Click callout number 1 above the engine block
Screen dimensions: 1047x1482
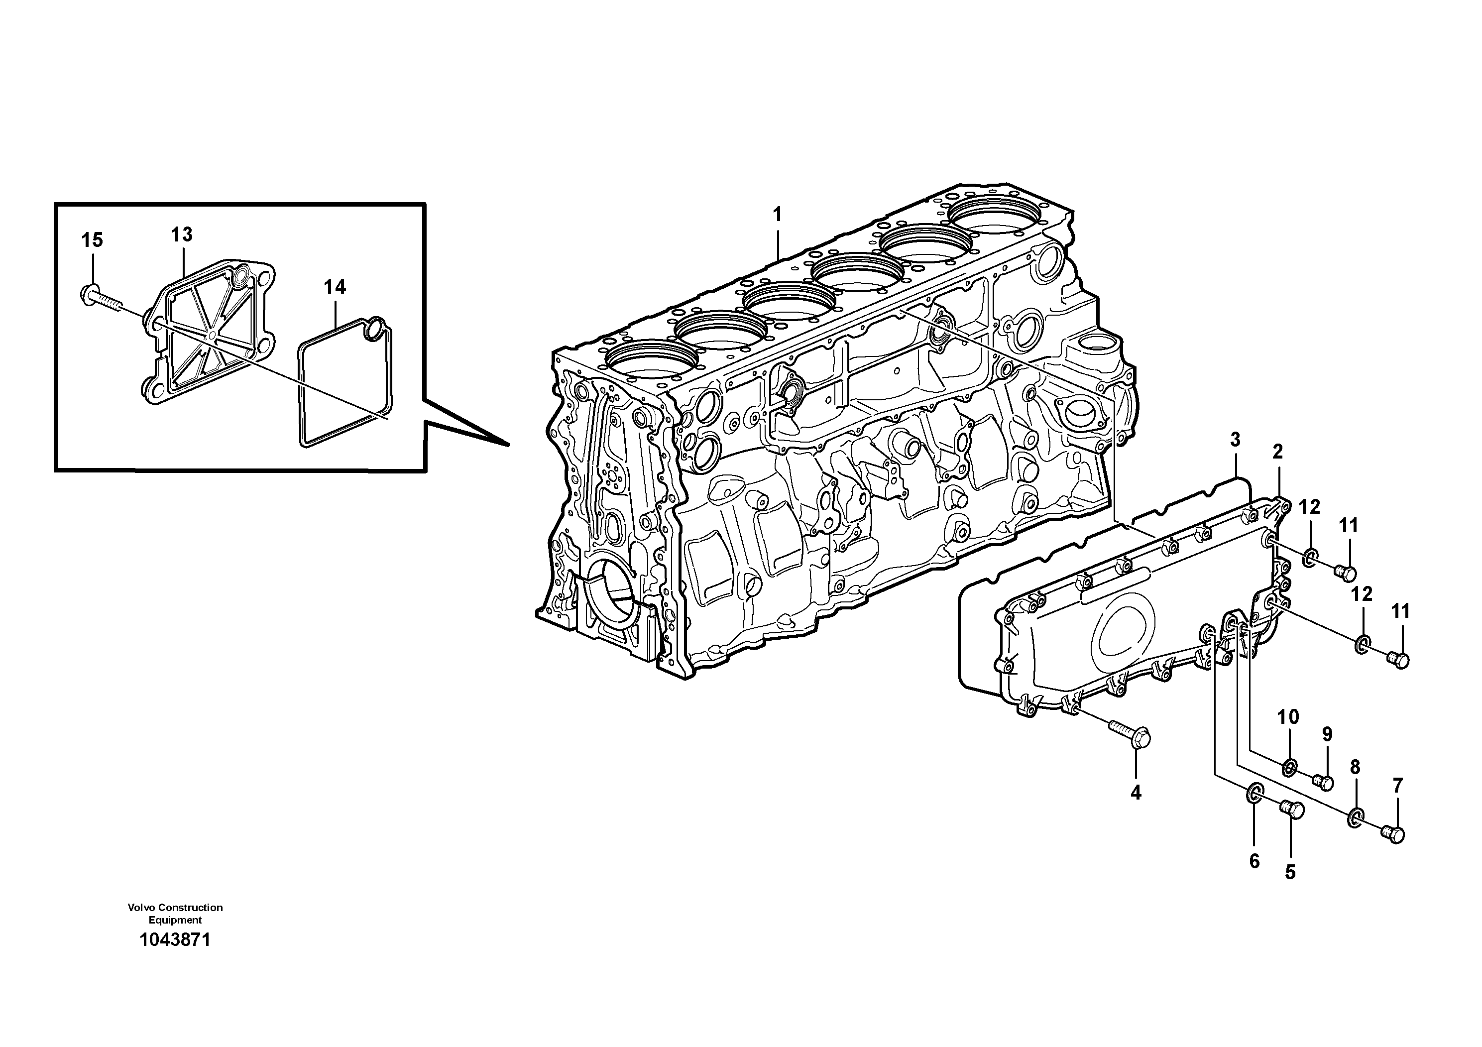(777, 214)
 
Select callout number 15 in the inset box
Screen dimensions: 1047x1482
(92, 240)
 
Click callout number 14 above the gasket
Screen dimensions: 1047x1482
(335, 287)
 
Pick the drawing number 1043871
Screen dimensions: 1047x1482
(175, 940)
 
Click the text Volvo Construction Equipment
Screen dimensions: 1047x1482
(175, 914)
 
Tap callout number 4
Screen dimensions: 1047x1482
(1136, 793)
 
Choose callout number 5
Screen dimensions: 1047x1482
(1290, 872)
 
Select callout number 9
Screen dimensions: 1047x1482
(1327, 734)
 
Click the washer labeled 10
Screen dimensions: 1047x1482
(1289, 768)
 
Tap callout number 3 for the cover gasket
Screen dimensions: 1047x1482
(1235, 440)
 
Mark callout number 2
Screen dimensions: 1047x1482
(1277, 452)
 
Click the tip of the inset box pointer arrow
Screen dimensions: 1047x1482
(509, 446)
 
